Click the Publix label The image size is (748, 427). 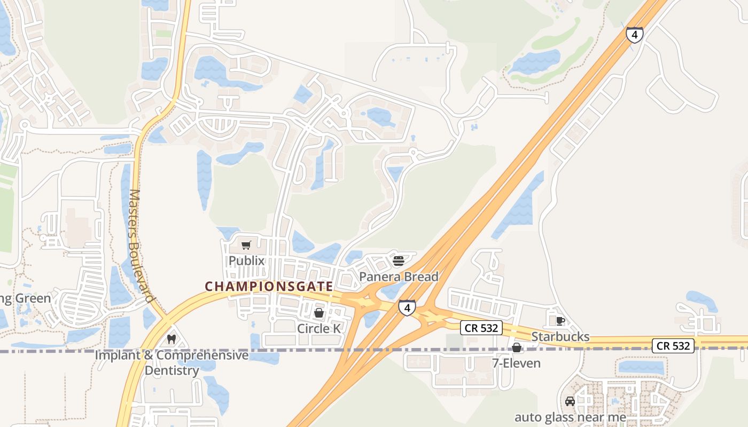click(247, 260)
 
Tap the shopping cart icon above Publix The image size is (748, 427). click(246, 246)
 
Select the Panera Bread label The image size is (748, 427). click(399, 276)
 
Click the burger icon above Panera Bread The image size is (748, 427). click(398, 261)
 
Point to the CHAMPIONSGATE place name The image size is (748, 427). click(269, 287)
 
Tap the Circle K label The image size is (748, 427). click(318, 328)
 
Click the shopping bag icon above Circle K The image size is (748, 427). click(319, 313)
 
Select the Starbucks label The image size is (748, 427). click(560, 336)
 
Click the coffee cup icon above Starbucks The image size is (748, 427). click(560, 321)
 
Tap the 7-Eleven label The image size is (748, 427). click(516, 363)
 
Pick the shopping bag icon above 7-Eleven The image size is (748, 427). click(517, 348)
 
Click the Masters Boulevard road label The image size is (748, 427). click(141, 246)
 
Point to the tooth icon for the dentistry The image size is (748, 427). click(171, 339)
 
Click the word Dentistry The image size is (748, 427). click(172, 370)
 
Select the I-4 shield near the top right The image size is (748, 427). click(634, 35)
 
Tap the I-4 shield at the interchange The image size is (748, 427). click(407, 307)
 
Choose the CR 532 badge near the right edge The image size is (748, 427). click(673, 346)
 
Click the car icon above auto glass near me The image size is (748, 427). click(570, 401)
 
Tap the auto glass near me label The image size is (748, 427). click(570, 417)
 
